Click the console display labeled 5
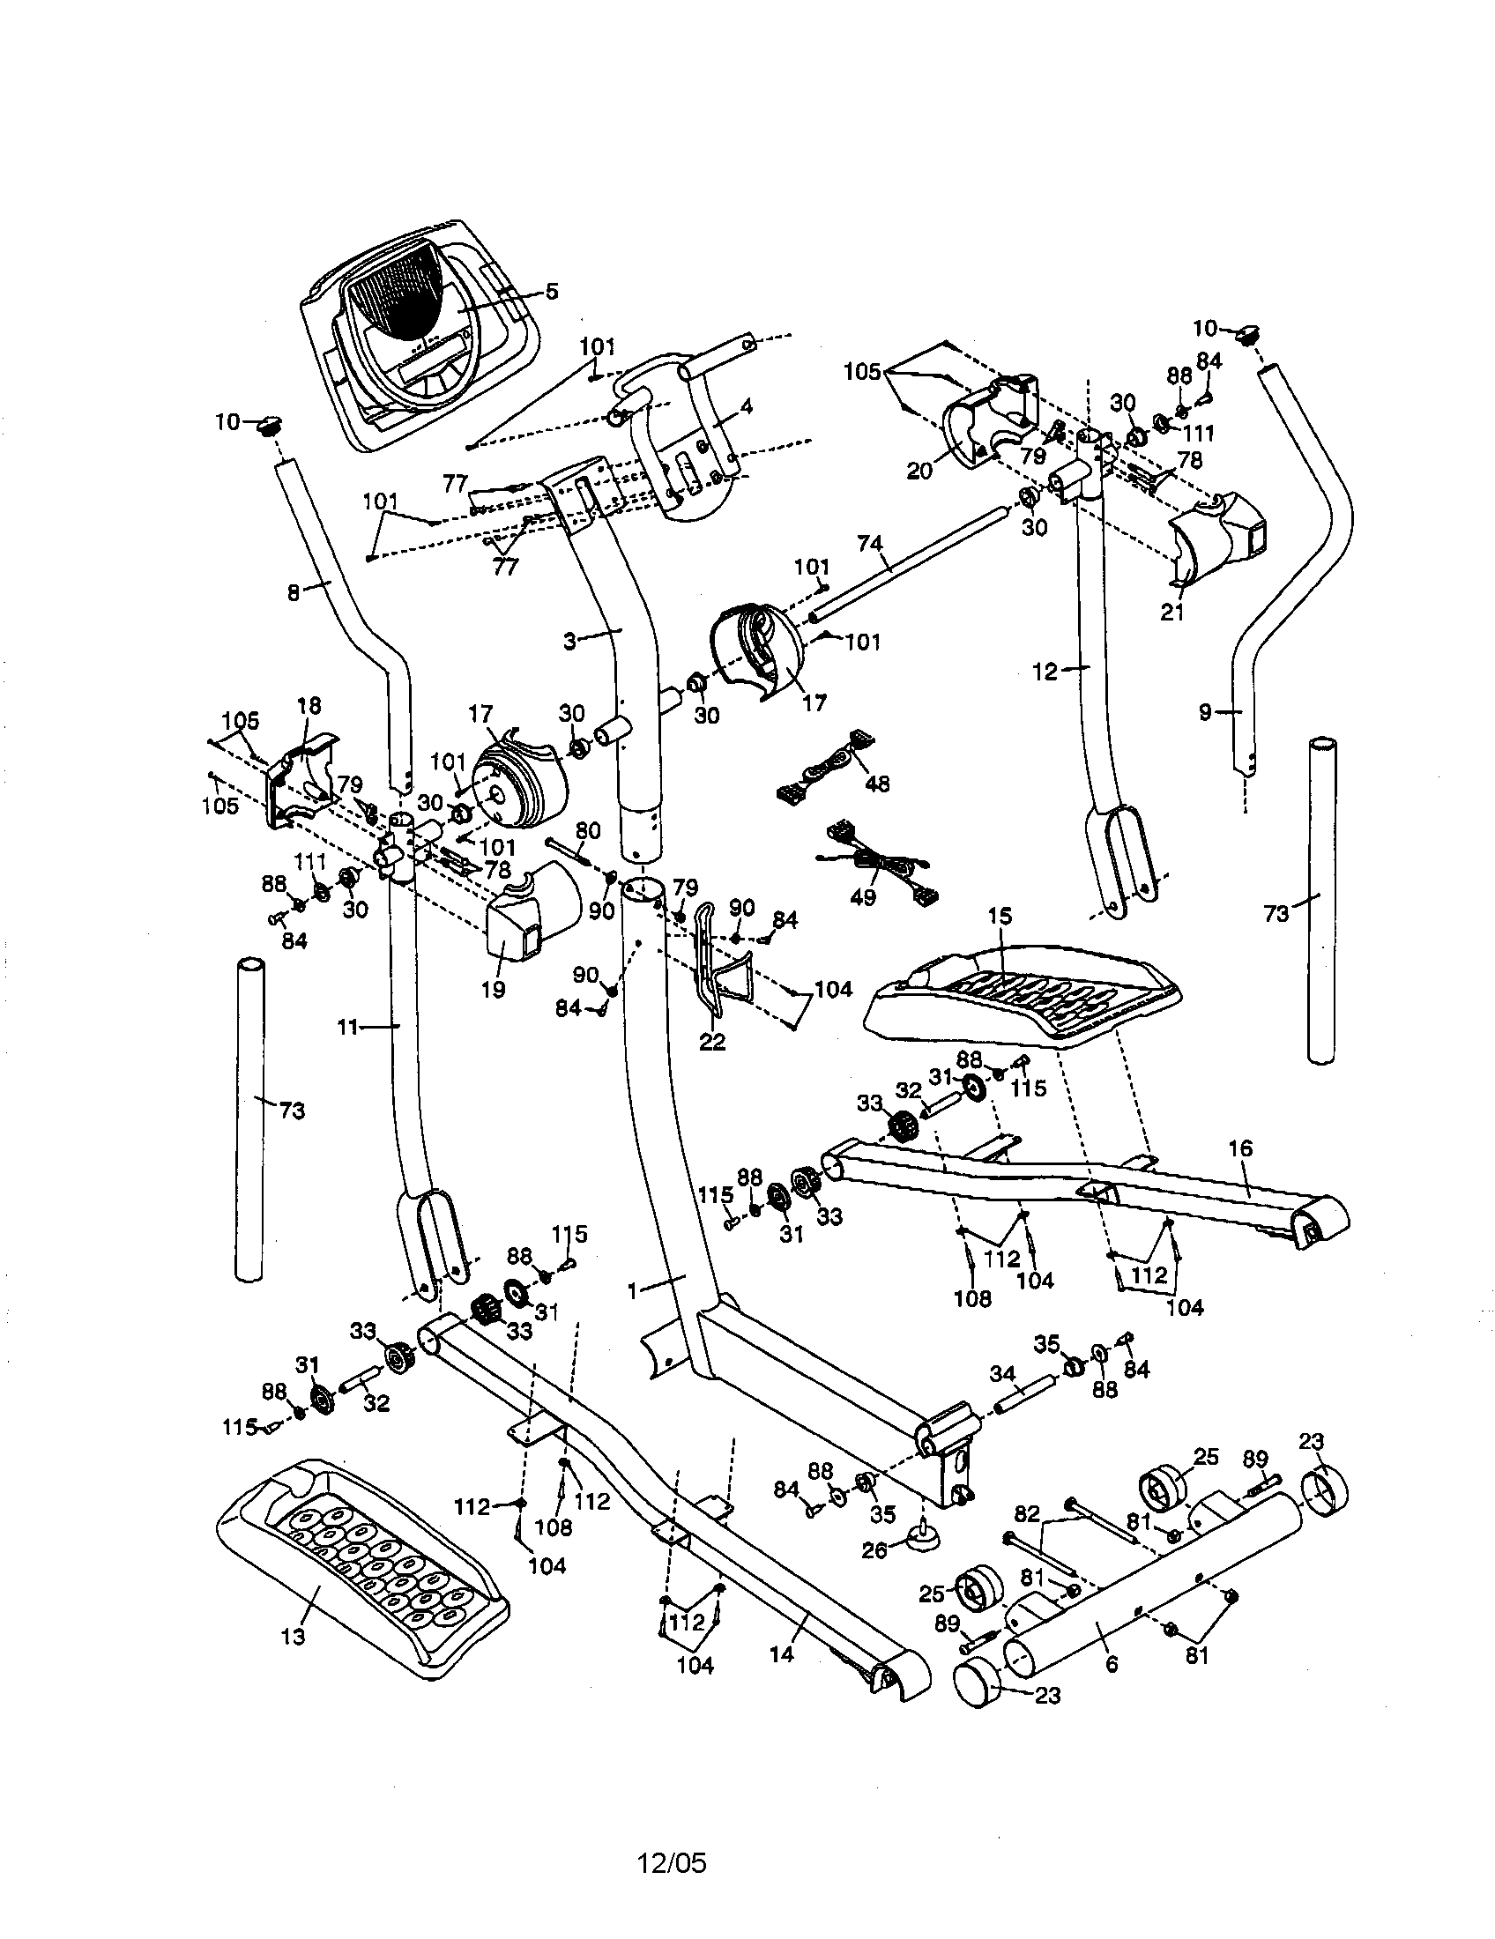click(417, 338)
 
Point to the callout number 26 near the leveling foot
click(874, 1552)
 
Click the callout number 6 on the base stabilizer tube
click(1112, 1664)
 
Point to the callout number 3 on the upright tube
click(571, 639)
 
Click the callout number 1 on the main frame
click(632, 1292)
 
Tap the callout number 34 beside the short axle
click(1002, 1373)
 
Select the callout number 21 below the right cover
click(1172, 613)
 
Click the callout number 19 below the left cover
click(493, 988)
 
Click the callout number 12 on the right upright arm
click(1045, 672)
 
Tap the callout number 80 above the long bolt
click(588, 831)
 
